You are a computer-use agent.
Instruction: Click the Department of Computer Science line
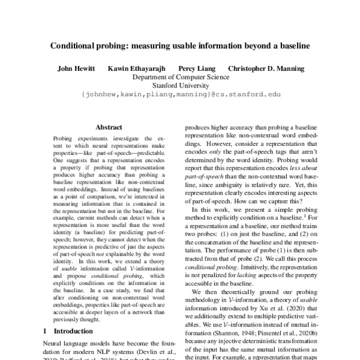(x=180, y=77)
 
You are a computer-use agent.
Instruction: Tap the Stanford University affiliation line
(x=180, y=85)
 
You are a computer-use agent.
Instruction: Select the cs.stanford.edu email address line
(x=180, y=94)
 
